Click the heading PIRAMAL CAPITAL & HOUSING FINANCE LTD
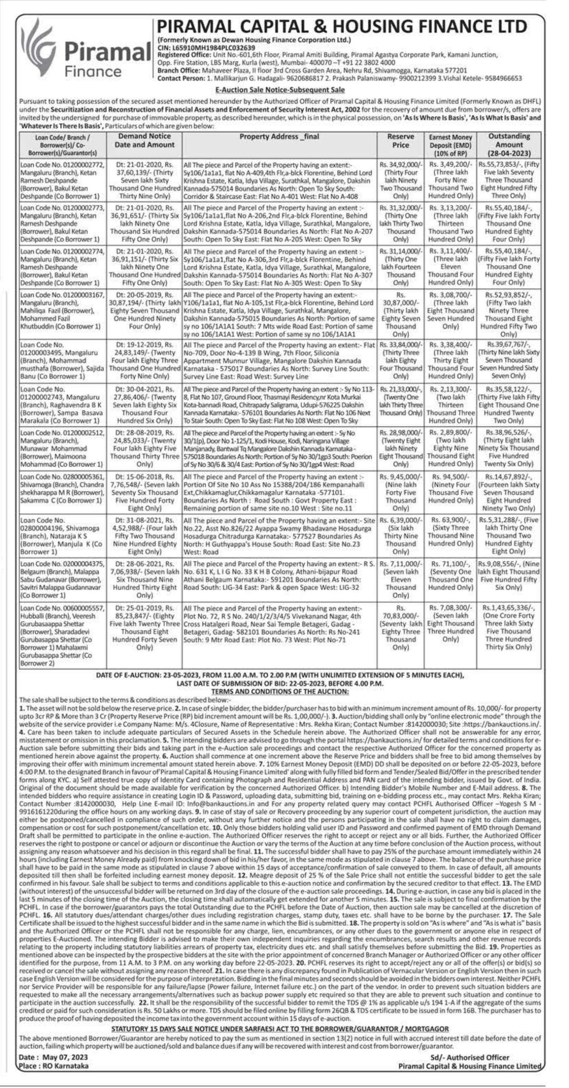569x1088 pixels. [342, 27]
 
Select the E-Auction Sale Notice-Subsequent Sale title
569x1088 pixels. [280, 90]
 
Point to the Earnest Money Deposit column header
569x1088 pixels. [450, 144]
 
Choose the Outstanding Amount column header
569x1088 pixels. [509, 144]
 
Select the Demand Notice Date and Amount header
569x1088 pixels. [145, 141]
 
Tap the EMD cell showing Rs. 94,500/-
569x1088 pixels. [450, 493]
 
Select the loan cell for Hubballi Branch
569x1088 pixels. [62, 635]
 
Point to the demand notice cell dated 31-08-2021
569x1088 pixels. [145, 536]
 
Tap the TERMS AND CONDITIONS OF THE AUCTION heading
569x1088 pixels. [280, 691]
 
